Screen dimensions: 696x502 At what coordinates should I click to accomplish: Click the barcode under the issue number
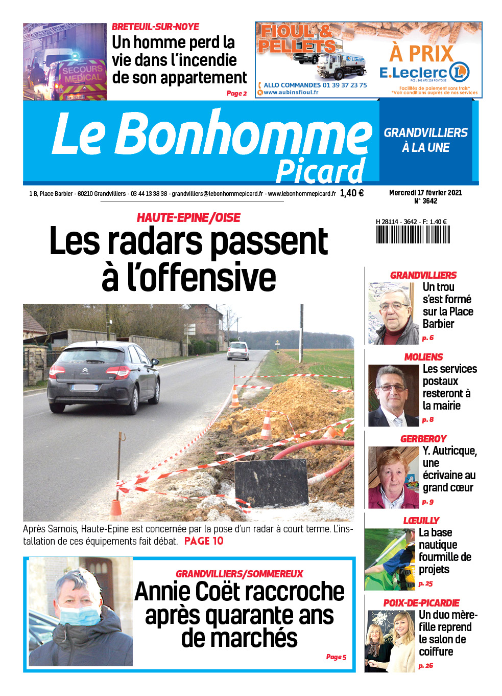(x=413, y=234)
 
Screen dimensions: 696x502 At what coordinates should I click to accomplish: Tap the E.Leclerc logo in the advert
(x=424, y=73)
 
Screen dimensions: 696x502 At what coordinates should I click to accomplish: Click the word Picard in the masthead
(x=320, y=171)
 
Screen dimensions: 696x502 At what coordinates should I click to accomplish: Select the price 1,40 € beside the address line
(x=351, y=193)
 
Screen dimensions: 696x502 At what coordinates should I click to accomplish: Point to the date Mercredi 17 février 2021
(x=425, y=193)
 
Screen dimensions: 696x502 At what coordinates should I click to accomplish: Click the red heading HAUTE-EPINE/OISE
(x=188, y=218)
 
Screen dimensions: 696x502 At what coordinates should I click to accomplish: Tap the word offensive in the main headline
(x=201, y=277)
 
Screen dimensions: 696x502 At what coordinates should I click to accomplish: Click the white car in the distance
(x=238, y=351)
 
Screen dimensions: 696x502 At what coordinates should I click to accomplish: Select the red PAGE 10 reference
(x=204, y=541)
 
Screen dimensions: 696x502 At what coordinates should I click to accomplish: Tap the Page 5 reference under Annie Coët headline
(x=336, y=657)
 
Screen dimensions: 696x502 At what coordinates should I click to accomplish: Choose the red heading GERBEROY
(x=423, y=439)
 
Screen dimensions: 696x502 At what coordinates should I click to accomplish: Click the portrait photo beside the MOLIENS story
(x=393, y=395)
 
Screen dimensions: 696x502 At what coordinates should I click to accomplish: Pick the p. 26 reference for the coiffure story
(x=425, y=666)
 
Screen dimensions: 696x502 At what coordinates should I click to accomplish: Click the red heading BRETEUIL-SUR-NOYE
(x=155, y=27)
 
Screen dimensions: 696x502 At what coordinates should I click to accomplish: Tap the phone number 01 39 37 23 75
(x=344, y=85)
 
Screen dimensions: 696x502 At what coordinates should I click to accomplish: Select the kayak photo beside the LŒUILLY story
(x=389, y=559)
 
